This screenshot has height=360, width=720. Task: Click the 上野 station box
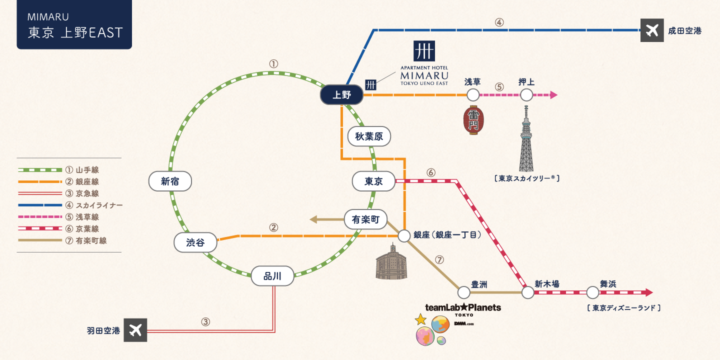click(x=341, y=95)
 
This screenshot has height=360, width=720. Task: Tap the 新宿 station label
click(x=170, y=181)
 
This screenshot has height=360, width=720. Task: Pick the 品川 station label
click(x=272, y=275)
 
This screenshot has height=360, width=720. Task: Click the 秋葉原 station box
click(x=369, y=136)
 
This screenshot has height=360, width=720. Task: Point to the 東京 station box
click(x=373, y=181)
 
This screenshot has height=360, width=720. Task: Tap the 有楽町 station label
click(x=366, y=219)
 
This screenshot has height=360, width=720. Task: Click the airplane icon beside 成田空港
click(x=652, y=30)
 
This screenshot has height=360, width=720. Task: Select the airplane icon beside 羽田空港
click(x=135, y=330)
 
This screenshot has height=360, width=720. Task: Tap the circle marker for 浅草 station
click(x=473, y=94)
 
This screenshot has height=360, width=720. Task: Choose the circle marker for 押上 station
click(x=526, y=94)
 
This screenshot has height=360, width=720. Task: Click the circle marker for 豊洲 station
click(x=463, y=292)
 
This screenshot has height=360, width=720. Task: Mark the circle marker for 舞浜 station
click(x=592, y=292)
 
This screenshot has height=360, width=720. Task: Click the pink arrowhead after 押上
click(x=553, y=94)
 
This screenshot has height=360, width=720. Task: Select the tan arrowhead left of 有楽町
click(x=313, y=219)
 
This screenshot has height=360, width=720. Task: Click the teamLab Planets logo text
click(x=462, y=307)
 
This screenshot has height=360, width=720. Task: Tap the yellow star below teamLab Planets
click(x=420, y=319)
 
